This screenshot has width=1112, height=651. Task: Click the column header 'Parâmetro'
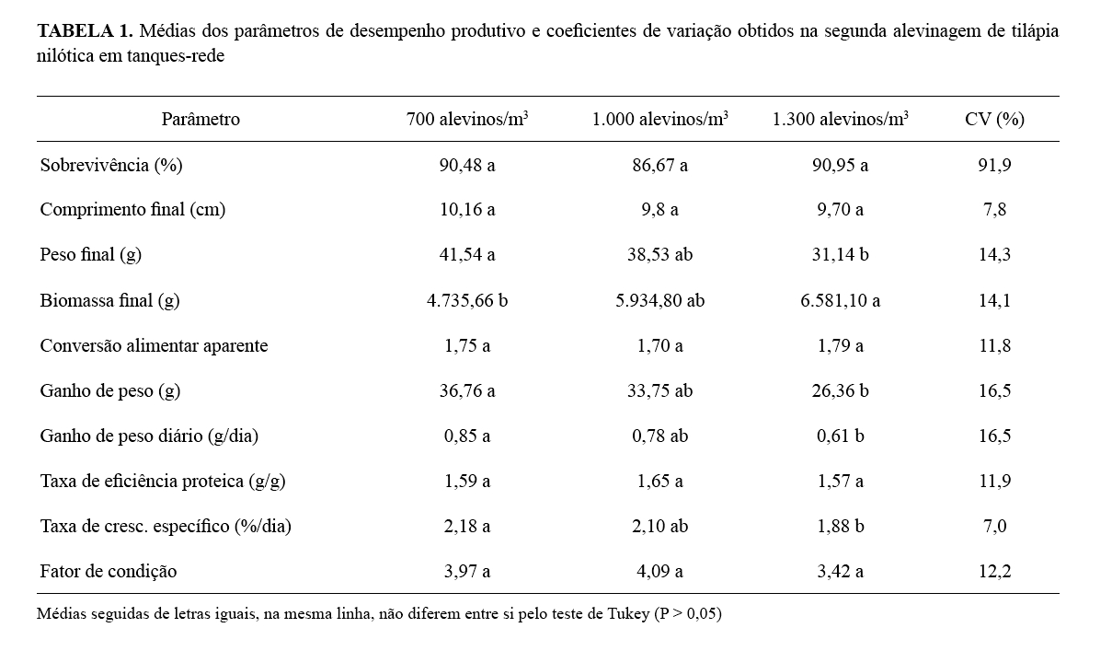pyautogui.click(x=201, y=119)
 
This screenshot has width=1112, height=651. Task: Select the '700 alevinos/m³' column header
pyautogui.click(x=467, y=119)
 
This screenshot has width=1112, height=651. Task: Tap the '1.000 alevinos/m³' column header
pyautogui.click(x=659, y=119)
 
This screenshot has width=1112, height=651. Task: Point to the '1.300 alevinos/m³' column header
pyautogui.click(x=840, y=119)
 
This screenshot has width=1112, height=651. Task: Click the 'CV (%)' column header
pyautogui.click(x=994, y=119)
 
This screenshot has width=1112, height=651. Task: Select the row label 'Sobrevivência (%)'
pyautogui.click(x=111, y=165)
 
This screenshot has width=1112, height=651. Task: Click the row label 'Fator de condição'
pyautogui.click(x=109, y=571)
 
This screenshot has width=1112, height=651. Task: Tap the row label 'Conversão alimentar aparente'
pyautogui.click(x=154, y=345)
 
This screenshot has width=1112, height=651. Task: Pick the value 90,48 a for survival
pyautogui.click(x=467, y=165)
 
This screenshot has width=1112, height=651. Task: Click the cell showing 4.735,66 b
pyautogui.click(x=467, y=300)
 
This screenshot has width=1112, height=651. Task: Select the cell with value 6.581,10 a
pyautogui.click(x=840, y=300)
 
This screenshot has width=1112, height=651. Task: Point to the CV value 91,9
pyautogui.click(x=994, y=165)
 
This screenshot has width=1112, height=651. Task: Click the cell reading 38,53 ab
pyautogui.click(x=659, y=255)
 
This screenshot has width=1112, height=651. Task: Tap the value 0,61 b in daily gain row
pyautogui.click(x=840, y=436)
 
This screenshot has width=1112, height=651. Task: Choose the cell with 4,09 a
pyautogui.click(x=659, y=571)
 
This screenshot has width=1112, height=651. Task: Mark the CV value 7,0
pyautogui.click(x=994, y=526)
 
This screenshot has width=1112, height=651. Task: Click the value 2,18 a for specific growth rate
pyautogui.click(x=467, y=526)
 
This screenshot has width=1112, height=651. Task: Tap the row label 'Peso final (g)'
pyautogui.click(x=90, y=255)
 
